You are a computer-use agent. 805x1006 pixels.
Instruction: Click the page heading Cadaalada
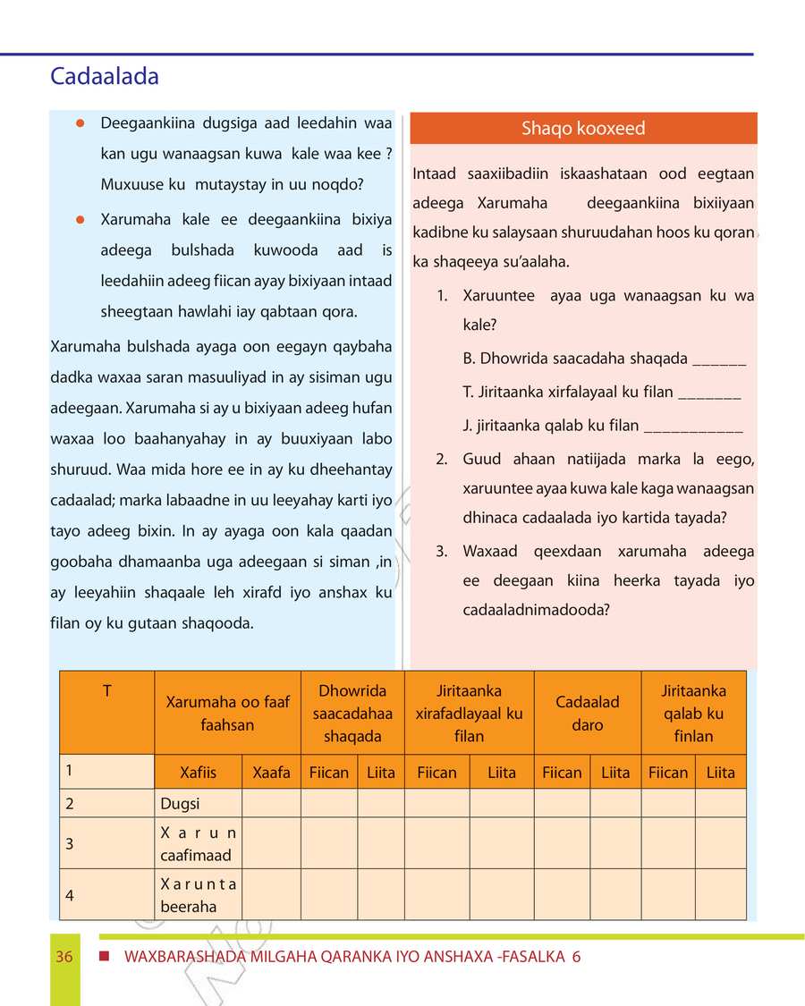[105, 77]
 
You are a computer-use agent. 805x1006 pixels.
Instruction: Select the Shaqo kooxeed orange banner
[583, 129]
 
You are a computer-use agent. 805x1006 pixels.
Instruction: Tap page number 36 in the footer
[64, 957]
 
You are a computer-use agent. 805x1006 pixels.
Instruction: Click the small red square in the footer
[105, 956]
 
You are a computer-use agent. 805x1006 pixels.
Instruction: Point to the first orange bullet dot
[80, 123]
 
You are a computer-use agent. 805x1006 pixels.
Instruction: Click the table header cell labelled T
[106, 691]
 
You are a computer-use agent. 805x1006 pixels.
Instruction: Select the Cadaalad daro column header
[587, 714]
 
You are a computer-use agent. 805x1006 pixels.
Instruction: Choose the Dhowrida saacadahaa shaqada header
[352, 714]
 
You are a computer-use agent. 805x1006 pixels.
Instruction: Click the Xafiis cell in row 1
[198, 773]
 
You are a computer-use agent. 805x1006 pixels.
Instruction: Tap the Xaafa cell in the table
[271, 773]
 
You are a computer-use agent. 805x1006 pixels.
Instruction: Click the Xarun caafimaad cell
[197, 843]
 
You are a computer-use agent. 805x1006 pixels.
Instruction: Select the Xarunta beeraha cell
[197, 895]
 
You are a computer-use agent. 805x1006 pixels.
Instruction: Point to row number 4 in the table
[69, 894]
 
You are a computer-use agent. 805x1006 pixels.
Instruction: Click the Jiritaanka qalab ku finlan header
[693, 714]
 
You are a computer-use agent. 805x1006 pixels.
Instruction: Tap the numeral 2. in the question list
[441, 460]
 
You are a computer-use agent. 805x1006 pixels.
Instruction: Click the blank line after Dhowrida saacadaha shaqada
[719, 361]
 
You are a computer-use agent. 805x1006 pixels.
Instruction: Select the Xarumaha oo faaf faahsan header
[227, 714]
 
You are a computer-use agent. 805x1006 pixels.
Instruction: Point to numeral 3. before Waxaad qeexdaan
[441, 551]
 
